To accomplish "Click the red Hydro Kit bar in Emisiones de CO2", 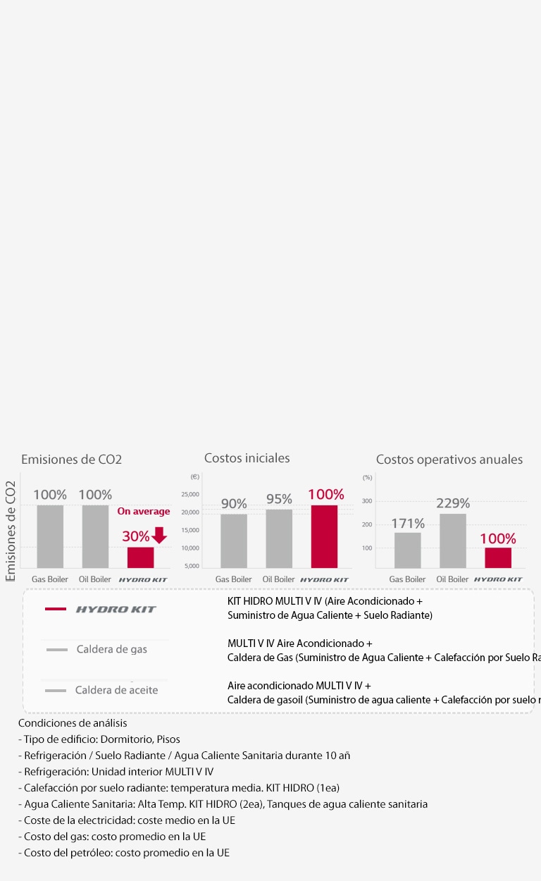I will (140, 557).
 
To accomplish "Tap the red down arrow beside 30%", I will (159, 535).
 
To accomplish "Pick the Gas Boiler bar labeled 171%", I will (407, 550).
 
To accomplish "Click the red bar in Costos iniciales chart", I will (324, 536).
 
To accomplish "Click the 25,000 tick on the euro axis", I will (190, 494).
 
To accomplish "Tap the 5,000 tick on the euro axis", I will (192, 566).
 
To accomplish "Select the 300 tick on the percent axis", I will (367, 501).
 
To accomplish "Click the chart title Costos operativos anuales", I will (449, 460).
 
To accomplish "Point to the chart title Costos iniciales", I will (247, 458).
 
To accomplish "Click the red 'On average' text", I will (144, 512).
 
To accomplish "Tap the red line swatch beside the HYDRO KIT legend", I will (56, 609).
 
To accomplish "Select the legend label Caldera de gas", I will (111, 649).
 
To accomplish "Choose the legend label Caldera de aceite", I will (116, 690).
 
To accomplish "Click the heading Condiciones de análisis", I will (73, 723).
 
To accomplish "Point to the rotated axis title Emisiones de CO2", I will (11, 530).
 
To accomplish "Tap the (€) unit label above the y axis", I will (194, 477).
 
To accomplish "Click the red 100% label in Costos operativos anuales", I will (498, 539).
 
